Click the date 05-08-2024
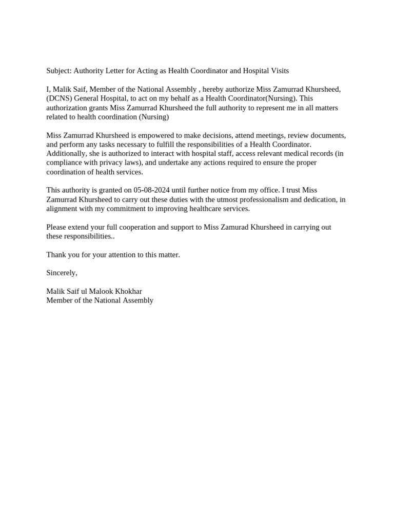click(151, 190)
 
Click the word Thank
click(56, 255)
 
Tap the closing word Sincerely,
click(62, 273)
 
